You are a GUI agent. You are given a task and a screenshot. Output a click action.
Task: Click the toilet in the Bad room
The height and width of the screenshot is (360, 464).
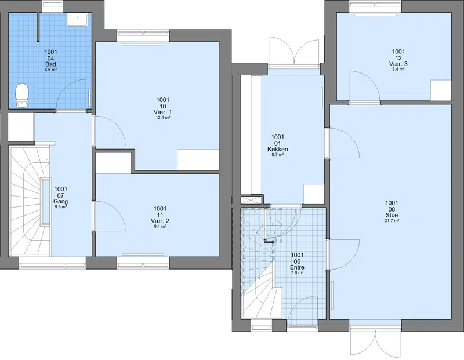tap(21, 95)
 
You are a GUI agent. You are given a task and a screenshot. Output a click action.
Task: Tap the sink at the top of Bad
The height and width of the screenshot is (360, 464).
tap(77, 20)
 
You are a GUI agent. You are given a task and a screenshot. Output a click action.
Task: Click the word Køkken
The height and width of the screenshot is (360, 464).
tap(278, 150)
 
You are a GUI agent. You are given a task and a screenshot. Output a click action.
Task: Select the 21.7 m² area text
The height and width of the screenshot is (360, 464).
tap(391, 221)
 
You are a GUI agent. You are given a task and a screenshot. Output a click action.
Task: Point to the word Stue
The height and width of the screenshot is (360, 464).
tap(391, 215)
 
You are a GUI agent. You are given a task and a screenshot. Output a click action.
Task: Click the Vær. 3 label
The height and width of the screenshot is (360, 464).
tap(398, 64)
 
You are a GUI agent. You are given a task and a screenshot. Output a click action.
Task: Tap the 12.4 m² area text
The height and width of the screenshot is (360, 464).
tap(162, 118)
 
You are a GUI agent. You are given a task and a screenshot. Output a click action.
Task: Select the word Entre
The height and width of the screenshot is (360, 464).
tap(298, 268)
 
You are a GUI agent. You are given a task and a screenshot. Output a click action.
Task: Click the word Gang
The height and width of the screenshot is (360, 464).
tap(61, 201)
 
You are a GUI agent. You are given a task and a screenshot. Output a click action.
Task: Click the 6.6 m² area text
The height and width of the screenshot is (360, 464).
tap(51, 70)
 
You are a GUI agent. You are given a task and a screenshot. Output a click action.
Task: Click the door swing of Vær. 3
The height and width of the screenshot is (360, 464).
tap(365, 86)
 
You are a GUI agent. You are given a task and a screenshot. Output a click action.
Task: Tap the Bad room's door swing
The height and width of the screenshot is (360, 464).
tap(72, 94)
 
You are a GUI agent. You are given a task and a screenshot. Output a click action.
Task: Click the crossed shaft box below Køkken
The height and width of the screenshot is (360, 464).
tap(251, 199)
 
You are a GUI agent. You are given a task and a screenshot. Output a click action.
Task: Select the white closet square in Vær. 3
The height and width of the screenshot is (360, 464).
tap(441, 90)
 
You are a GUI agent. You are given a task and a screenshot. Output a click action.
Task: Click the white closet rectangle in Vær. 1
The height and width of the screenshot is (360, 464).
tap(198, 160)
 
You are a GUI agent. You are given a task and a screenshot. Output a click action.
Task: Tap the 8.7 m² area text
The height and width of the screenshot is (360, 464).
tap(278, 155)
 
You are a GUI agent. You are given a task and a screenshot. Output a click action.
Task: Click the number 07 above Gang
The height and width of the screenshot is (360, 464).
tap(61, 195)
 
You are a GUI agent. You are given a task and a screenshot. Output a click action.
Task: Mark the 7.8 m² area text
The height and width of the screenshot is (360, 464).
tap(298, 273)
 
